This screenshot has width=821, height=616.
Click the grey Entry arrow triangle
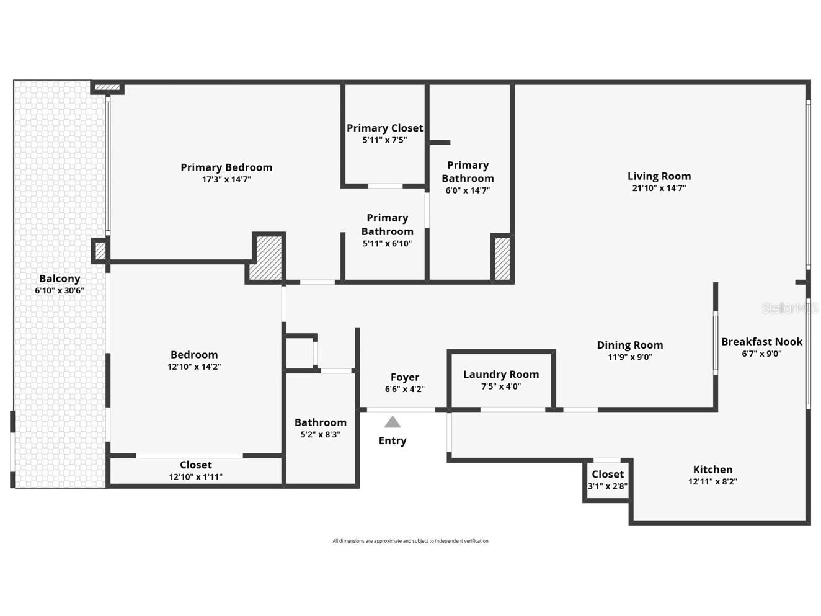pos(392,422)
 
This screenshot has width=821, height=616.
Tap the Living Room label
pos(659,176)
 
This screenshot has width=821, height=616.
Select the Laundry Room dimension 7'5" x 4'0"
pos(501,386)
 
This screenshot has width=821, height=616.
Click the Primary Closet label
pos(384,128)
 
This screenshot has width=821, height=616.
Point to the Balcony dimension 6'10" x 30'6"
pos(60,290)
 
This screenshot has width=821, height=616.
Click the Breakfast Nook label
pos(761,342)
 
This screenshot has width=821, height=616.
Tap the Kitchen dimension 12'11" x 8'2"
pos(712,481)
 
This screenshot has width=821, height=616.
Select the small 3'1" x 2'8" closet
pos(607,480)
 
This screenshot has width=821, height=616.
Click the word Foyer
pos(404,377)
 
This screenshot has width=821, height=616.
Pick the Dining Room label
pos(629,345)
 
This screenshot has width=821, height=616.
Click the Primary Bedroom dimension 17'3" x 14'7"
pos(226,179)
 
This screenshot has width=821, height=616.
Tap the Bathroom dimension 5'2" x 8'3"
pos(320,434)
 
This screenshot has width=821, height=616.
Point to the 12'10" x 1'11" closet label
pos(195,465)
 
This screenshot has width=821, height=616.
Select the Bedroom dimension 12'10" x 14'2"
pos(194,367)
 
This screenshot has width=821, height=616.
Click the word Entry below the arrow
pos(393,440)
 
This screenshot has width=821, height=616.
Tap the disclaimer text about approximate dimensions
pos(410,541)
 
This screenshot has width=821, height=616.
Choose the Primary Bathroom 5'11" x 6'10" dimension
pos(387,244)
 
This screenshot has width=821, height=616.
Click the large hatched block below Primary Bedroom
pos(267,257)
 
